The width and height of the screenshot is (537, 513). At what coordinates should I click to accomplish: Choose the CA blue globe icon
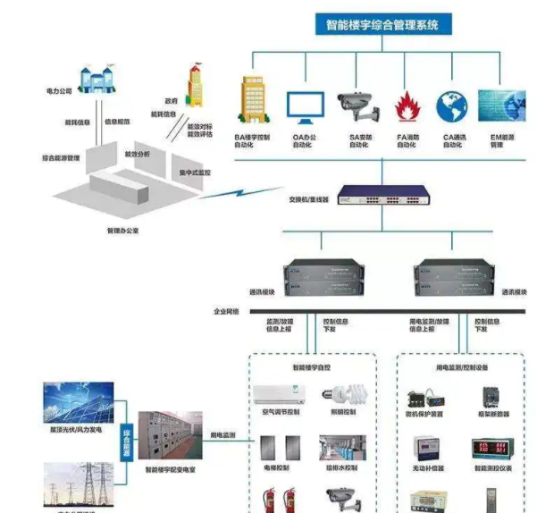tap(452, 105)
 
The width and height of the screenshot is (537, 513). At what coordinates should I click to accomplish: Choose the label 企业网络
tap(227, 311)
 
